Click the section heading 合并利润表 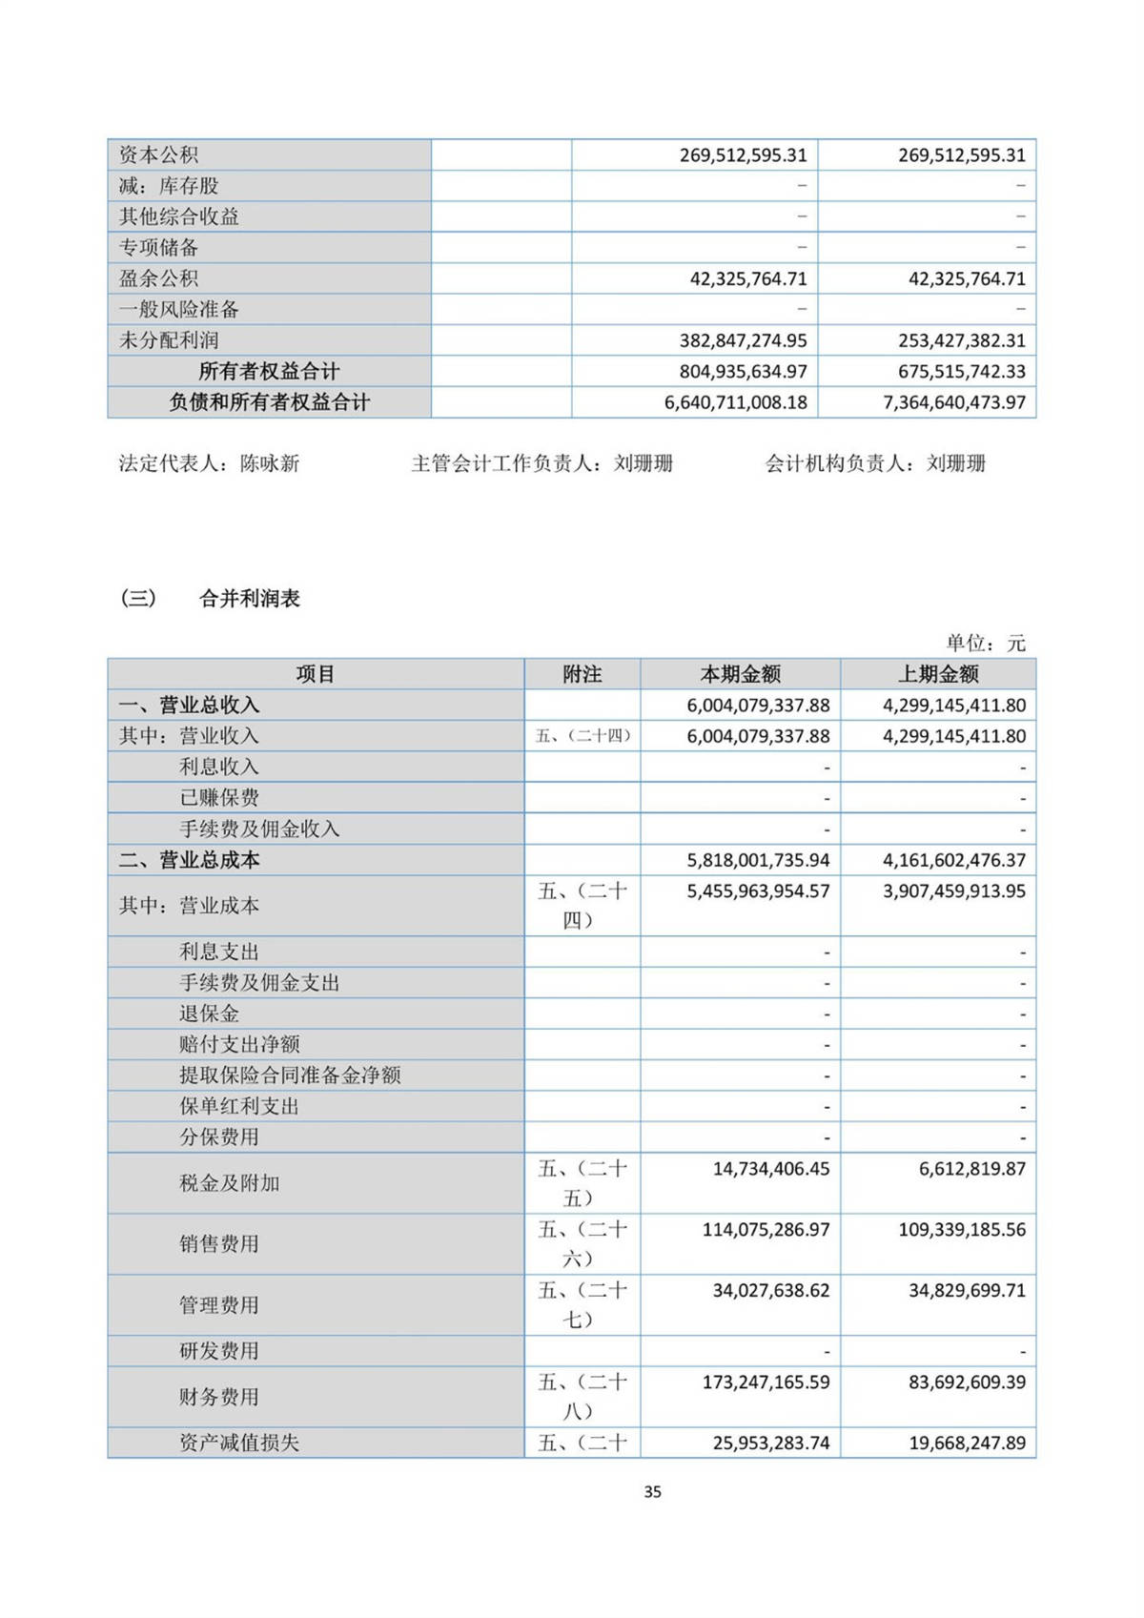coord(250,599)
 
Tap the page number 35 coord(652,1492)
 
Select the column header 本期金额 coord(741,674)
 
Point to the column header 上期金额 coord(938,674)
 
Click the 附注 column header coord(582,674)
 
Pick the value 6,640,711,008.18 coord(736,402)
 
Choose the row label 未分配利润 coord(169,340)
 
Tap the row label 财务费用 coord(219,1397)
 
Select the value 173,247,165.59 coord(766,1382)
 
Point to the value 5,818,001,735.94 coord(758,860)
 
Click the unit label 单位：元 coord(986,644)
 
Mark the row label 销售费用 coord(219,1243)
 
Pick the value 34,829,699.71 coord(967,1290)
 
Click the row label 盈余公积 coord(158,278)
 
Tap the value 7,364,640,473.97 coord(954,402)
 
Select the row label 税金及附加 coord(229,1183)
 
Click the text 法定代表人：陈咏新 coord(209,463)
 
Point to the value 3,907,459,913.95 coord(954,891)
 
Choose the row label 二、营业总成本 coord(189,860)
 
